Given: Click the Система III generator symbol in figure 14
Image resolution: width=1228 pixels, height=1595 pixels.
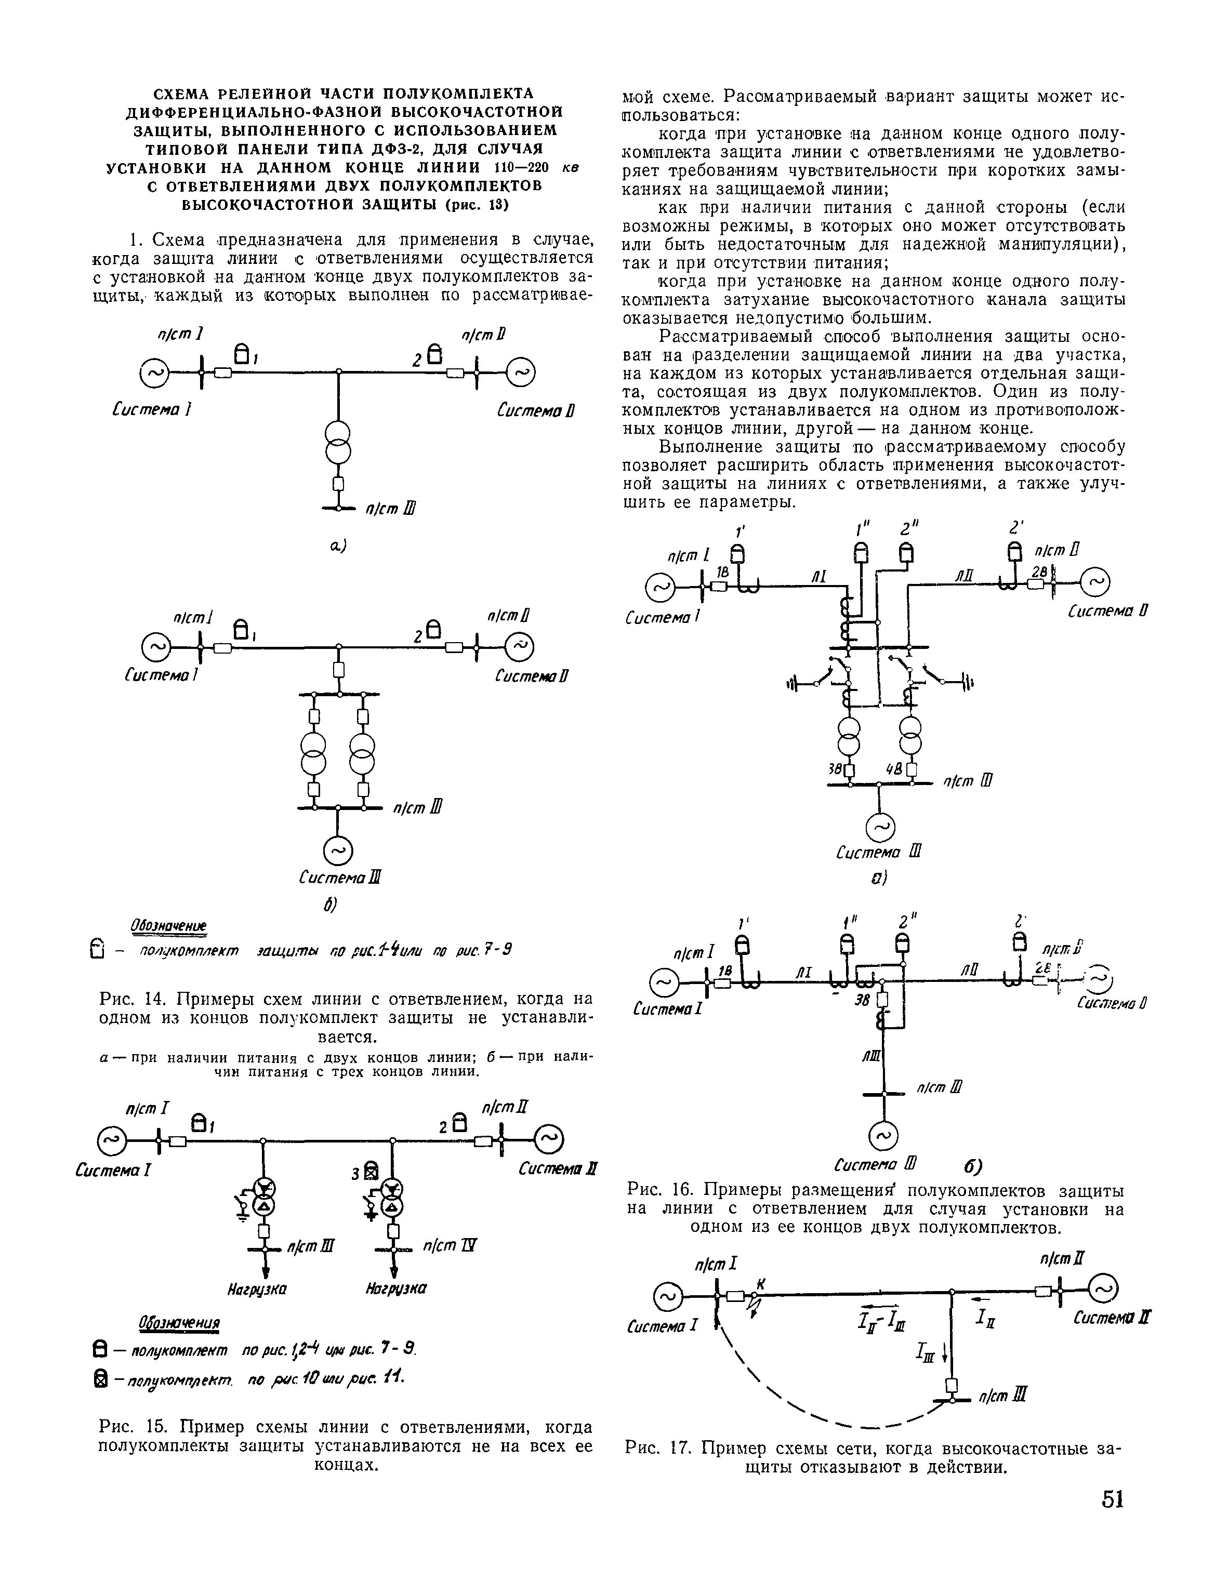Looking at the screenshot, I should pos(338,850).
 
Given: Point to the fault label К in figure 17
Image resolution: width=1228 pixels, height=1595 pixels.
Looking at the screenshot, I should pos(760,1285).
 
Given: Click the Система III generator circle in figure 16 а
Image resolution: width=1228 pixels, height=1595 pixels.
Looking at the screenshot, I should pos(879,827).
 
